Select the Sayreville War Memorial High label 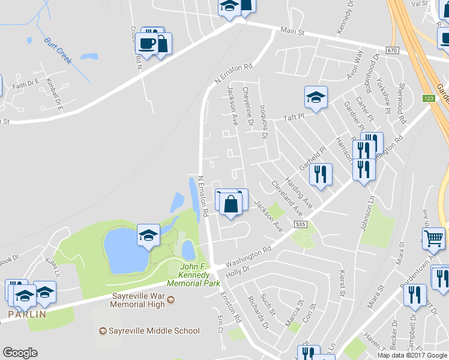pos(138,300)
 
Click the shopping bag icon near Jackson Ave pos(231,203)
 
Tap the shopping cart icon pos(434,238)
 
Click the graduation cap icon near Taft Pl pos(316,97)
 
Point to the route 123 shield pos(428,98)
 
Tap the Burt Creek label pos(58,51)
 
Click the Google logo pos(20,353)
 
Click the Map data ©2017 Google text pos(412,355)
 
